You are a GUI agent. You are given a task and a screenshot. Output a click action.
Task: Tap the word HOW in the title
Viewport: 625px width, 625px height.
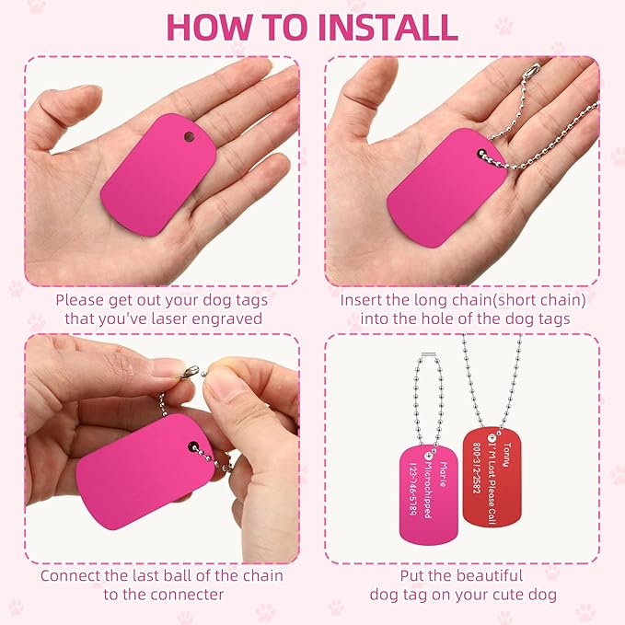coord(212,27)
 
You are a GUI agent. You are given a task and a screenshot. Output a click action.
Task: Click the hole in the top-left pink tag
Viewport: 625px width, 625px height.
coord(189,137)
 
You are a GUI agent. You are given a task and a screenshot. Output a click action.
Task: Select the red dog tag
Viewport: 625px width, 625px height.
coord(492,477)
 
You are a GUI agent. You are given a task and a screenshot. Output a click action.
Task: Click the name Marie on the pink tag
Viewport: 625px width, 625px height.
coord(443,474)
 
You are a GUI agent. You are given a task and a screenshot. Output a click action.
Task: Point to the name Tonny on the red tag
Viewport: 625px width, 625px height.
coord(506,455)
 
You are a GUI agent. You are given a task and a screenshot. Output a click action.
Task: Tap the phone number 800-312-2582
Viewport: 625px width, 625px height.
coord(477,468)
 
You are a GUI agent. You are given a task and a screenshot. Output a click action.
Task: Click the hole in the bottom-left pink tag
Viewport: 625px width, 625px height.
coord(193,446)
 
